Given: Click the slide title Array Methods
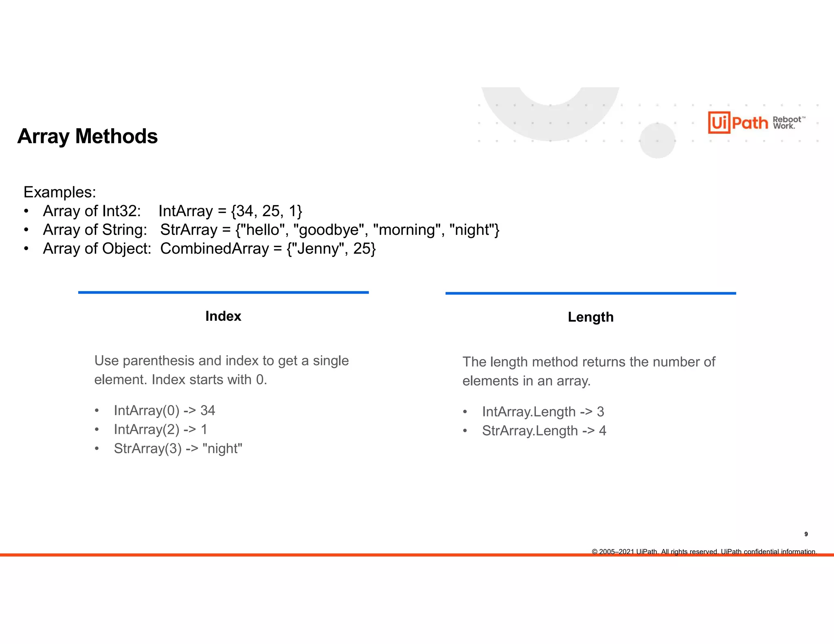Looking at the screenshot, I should click(x=87, y=136).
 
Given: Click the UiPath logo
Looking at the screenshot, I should click(x=738, y=122).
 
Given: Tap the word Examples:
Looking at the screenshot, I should click(x=59, y=192).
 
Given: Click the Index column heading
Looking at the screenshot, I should click(x=223, y=316).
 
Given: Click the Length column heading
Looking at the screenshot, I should click(x=590, y=317).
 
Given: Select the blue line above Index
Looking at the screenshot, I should click(x=223, y=292).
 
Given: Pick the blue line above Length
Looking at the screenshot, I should click(x=590, y=293).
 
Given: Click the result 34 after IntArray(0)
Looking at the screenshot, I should click(x=208, y=410).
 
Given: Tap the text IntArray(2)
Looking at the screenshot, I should click(x=147, y=429).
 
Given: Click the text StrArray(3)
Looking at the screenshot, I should click(x=147, y=449).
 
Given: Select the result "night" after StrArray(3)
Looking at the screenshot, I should click(x=222, y=449).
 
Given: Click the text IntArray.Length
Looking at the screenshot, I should click(x=529, y=412).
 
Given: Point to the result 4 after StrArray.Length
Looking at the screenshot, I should click(x=602, y=431).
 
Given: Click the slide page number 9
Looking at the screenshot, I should click(x=806, y=534).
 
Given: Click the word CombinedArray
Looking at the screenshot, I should click(x=215, y=249).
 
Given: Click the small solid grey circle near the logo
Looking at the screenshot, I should click(x=657, y=140).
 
